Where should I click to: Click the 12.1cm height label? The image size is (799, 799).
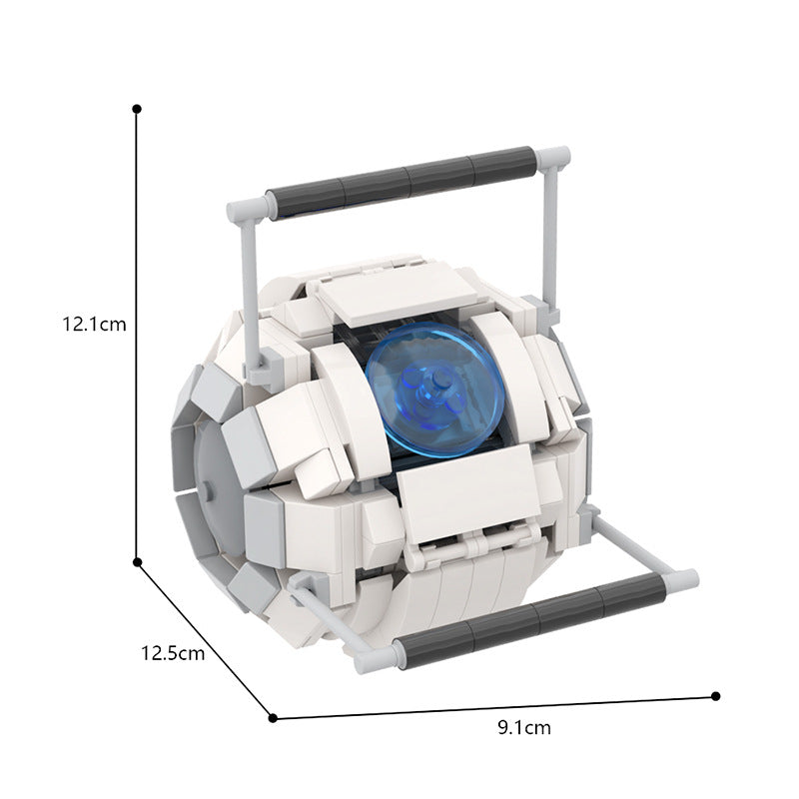tap(94, 324)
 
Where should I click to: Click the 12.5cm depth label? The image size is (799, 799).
tap(173, 654)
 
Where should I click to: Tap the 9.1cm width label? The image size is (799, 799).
tap(523, 727)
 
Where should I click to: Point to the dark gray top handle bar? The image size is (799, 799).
tap(404, 180)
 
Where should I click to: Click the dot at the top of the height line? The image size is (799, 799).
tap(137, 107)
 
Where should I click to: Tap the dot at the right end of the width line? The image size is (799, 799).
tap(715, 696)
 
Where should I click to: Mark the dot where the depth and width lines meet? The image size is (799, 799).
tap(273, 715)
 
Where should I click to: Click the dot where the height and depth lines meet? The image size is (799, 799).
tap(138, 562)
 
